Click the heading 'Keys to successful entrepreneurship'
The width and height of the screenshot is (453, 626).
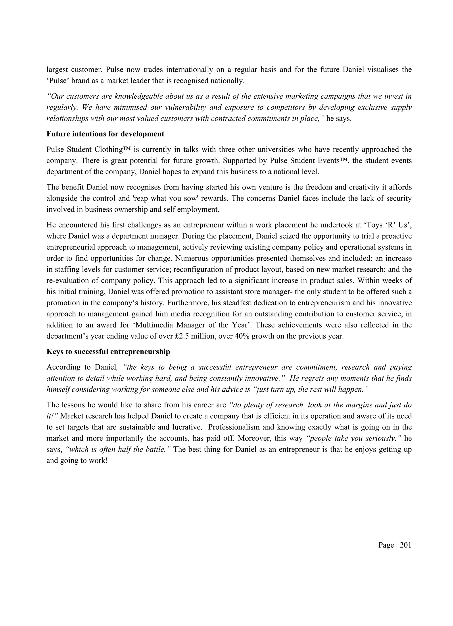coord(108,351)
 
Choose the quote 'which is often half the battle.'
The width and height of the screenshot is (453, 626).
coord(119,449)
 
